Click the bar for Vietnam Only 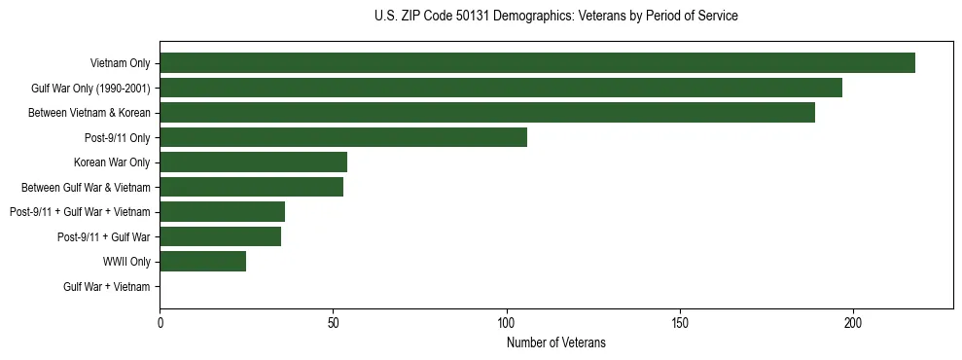tap(537, 63)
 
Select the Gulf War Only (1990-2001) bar tap(501, 89)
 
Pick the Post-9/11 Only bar tap(343, 137)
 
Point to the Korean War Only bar tap(253, 162)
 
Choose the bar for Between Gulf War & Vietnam tap(251, 187)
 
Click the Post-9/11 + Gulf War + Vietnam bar tap(222, 212)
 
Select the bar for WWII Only tap(202, 261)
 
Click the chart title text tap(555, 17)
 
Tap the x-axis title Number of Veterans tap(555, 342)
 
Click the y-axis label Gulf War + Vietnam tap(107, 286)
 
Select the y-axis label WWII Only tap(126, 262)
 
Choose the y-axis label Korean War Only tap(112, 162)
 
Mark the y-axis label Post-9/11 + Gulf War tap(104, 236)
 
